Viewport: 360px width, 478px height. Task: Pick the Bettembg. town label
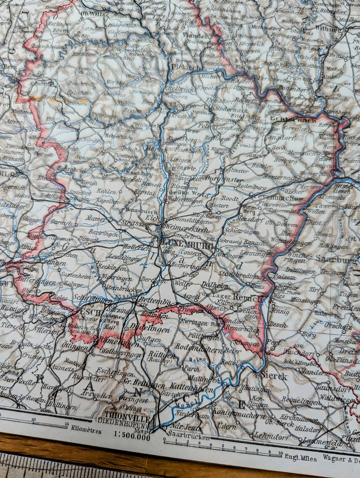149,301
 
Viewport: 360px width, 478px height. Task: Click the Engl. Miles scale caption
300,457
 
